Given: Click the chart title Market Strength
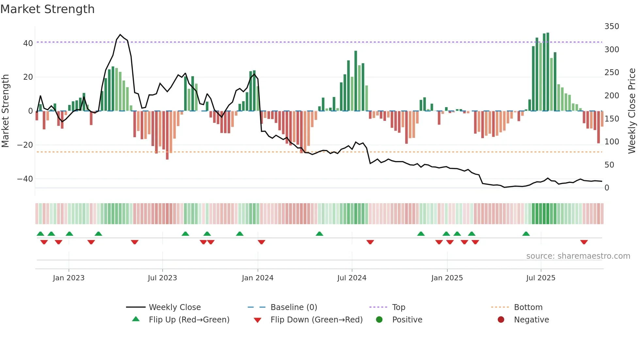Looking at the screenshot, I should [47, 9].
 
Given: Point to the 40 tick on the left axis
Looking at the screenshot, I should [28, 43].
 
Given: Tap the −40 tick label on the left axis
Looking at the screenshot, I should [25, 179].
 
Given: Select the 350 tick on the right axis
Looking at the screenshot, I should [612, 26].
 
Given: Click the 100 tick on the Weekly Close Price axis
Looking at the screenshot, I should [612, 141].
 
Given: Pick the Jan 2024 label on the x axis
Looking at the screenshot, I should [257, 278].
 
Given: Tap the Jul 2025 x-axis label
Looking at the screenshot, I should [540, 278].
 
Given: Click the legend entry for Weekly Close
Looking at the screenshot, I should [174, 307].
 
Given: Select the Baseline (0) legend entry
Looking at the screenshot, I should [294, 307].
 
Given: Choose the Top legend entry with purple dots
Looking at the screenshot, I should [398, 307].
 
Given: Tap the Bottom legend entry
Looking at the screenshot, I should [528, 307].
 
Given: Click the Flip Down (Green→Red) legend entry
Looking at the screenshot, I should [316, 319].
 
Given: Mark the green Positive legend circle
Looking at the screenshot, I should [379, 319].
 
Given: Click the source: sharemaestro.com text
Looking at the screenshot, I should [578, 256].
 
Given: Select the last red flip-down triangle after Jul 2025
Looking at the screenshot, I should [584, 242].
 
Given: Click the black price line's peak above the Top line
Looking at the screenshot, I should [120, 35].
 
